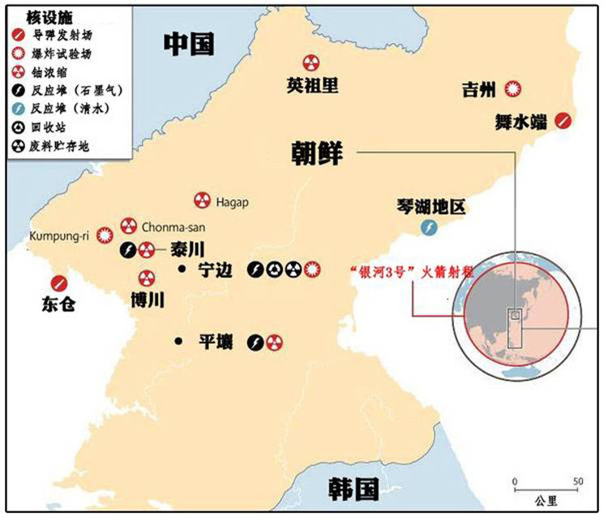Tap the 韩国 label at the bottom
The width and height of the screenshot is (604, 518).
coord(353,488)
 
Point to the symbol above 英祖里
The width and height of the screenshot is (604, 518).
coord(311,63)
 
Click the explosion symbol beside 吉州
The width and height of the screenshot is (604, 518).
coord(513,88)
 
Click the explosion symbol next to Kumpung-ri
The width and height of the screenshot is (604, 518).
coord(103,235)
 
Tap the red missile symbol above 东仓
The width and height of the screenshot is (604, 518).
coord(58,283)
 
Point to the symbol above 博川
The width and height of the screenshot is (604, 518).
coord(147,278)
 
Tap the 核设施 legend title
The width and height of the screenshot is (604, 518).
coord(32,17)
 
